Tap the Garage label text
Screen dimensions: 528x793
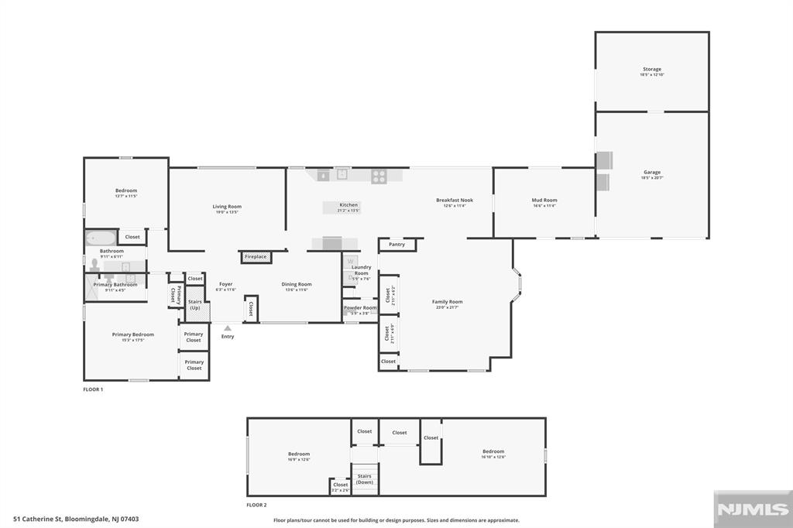tap(651, 173)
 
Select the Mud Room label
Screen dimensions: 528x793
tap(544, 201)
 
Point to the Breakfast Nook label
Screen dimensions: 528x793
tap(454, 201)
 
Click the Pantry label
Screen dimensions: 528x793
tap(396, 245)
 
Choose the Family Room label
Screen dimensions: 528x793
tap(447, 302)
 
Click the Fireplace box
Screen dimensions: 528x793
tap(256, 257)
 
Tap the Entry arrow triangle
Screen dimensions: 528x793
tap(228, 328)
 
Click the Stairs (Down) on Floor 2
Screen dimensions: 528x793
tap(364, 479)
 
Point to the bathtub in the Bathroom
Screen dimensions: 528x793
tap(100, 237)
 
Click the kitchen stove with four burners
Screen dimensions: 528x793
tap(379, 176)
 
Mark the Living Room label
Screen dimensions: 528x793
tap(227, 207)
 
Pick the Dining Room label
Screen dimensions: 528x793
tap(296, 284)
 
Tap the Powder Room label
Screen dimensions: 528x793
tap(360, 308)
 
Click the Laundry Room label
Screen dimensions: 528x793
tap(361, 270)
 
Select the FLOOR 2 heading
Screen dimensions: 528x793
tap(256, 506)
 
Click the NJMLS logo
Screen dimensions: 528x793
tap(752, 509)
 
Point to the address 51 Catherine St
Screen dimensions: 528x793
tap(76, 519)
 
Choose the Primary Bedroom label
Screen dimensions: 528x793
tap(132, 334)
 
